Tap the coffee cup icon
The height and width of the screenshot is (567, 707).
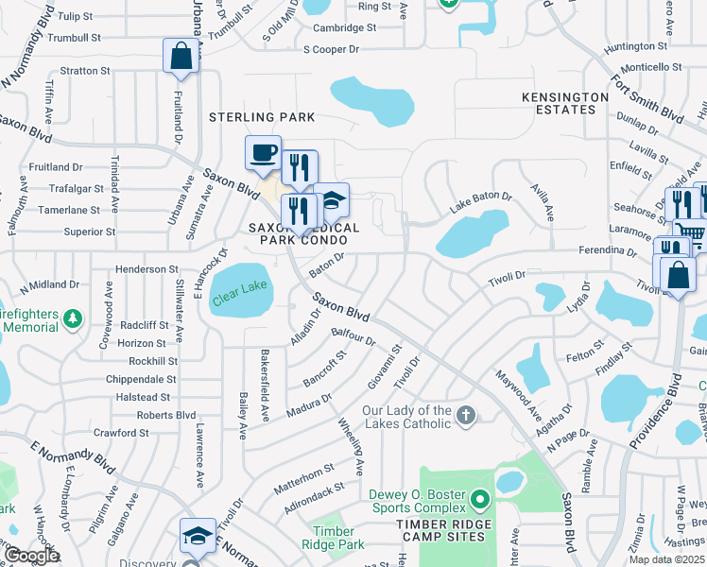pos(263,152)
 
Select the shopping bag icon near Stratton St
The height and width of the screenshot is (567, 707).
pos(181,56)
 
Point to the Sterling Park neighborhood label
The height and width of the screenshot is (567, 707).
pos(262,117)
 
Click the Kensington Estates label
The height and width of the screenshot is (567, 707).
pos(565,103)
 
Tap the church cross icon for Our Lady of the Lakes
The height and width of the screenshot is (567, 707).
pos(465,415)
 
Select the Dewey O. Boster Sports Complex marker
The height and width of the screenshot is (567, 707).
pos(480,498)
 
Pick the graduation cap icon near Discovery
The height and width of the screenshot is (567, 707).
pos(198,536)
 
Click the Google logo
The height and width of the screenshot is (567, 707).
pos(32,556)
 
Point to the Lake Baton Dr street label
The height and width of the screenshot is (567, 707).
pos(480,198)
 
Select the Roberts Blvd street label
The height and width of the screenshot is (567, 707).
pos(166,415)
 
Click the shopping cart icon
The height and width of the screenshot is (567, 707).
pos(691,233)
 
